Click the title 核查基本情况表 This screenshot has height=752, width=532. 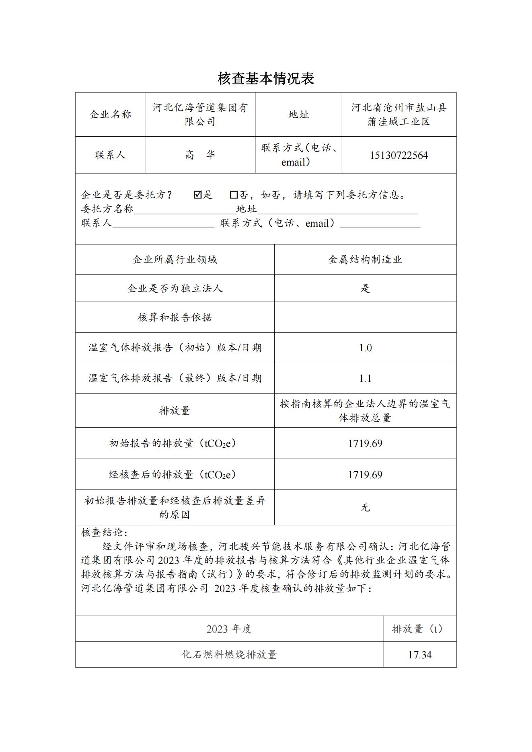(266, 78)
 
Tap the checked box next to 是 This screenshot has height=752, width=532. (197, 195)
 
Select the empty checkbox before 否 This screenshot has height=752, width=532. (234, 195)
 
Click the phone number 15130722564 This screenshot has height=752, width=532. (399, 156)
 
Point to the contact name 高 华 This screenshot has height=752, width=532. (200, 155)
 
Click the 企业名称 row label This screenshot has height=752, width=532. (110, 115)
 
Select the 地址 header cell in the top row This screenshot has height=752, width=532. (299, 115)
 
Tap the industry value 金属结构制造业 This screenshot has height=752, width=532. (365, 260)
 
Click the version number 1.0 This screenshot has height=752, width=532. (365, 348)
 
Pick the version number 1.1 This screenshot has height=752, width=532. (365, 378)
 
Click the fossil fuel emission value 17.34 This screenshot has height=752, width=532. (420, 655)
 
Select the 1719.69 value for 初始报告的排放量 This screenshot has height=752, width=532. (365, 443)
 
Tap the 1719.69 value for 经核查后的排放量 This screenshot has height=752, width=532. (365, 475)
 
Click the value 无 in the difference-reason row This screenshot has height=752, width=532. (365, 508)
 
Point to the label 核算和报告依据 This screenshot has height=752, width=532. (175, 318)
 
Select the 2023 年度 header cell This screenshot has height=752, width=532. (229, 629)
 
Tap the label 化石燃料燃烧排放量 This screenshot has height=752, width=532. (229, 655)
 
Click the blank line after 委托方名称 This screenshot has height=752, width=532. (185, 210)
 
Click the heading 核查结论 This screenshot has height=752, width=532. (104, 533)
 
